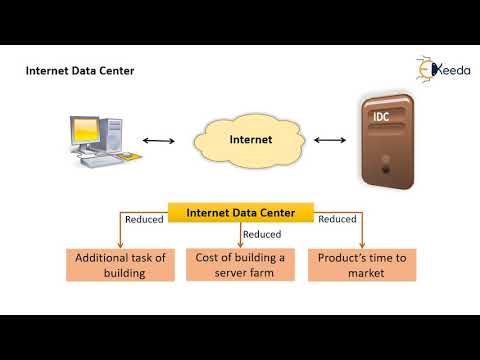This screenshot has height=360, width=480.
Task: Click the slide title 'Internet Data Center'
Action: click(x=79, y=71)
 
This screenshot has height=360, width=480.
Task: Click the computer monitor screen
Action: click(x=86, y=130)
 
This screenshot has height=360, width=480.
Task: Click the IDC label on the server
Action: click(x=381, y=118)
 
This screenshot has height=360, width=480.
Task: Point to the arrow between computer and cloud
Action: click(x=158, y=141)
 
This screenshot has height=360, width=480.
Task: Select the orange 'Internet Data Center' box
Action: click(x=240, y=212)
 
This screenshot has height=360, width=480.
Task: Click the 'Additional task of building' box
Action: click(x=120, y=265)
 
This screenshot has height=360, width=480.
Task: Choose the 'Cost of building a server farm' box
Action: click(x=241, y=265)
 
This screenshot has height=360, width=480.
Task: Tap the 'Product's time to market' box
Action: click(x=361, y=265)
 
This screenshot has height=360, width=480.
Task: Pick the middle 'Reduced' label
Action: click(x=262, y=235)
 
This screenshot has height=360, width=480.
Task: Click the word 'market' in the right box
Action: click(x=361, y=273)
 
